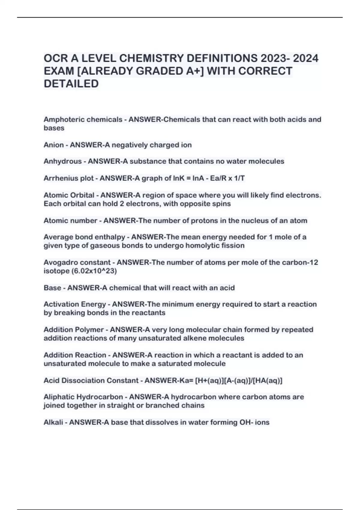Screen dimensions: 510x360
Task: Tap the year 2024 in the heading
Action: pos(305,58)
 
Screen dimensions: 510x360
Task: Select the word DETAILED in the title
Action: pos(71,84)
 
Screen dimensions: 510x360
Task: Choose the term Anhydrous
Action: pos(62,161)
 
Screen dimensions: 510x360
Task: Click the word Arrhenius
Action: pos(57,178)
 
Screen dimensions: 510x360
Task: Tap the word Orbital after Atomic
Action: pos(82,195)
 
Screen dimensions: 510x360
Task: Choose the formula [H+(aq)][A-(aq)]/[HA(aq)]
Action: pos(239,381)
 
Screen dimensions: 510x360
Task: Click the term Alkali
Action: pos(53,422)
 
